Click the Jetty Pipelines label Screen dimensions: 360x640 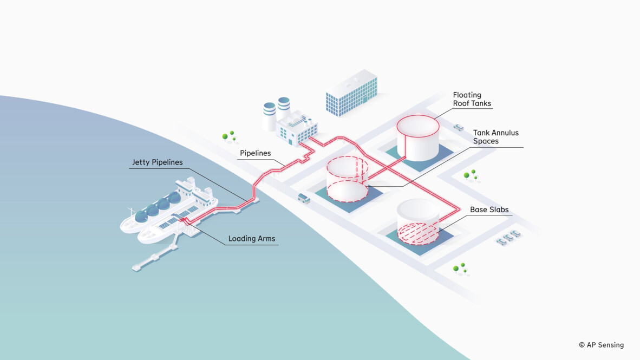point(157,162)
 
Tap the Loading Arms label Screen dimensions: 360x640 point(252,238)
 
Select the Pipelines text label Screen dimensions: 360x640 point(255,153)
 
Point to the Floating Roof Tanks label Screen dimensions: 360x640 point(472,99)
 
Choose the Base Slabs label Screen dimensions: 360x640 point(489,210)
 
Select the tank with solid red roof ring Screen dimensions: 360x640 point(418,138)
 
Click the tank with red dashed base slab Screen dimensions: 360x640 point(418,222)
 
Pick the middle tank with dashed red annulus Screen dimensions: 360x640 point(347,179)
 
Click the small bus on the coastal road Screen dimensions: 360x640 point(304,198)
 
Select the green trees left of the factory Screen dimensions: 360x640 point(228,136)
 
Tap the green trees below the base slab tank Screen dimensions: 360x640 point(460,268)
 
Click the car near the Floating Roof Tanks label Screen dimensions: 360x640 point(458,127)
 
